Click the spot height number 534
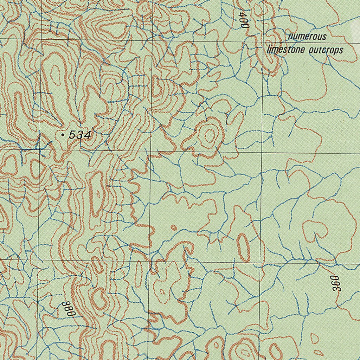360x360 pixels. [80, 135]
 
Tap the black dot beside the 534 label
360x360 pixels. [63, 135]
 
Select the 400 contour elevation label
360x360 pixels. [244, 20]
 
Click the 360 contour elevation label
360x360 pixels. [336, 283]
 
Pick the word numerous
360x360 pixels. [307, 37]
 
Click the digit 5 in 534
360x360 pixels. [72, 135]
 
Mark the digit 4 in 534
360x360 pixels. [88, 135]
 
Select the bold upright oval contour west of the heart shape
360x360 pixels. [243, 247]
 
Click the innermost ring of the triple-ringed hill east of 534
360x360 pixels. [210, 135]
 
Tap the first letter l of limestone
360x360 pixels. [268, 49]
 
